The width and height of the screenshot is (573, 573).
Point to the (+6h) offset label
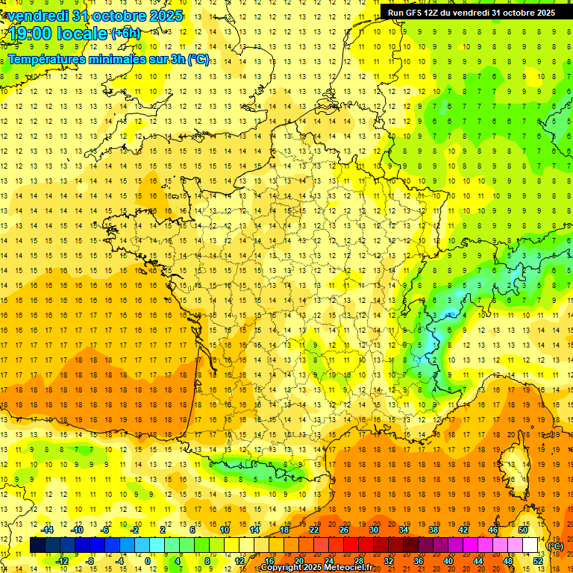pyautogui.click(x=125, y=34)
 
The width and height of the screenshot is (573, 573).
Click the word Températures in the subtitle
pyautogui.click(x=46, y=59)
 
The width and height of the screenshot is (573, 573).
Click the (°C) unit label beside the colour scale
pyautogui.click(x=556, y=546)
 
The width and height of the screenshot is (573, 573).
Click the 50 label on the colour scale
pyautogui.click(x=522, y=530)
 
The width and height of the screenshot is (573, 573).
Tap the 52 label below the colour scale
pyautogui.click(x=537, y=561)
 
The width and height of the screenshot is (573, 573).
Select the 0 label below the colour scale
pyautogui.click(x=148, y=561)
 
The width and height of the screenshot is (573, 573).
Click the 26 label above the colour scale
pyautogui.click(x=344, y=530)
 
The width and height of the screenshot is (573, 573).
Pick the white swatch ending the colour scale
pyautogui.click(x=530, y=545)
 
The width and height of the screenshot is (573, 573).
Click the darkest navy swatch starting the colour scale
pyautogui.click(x=37, y=545)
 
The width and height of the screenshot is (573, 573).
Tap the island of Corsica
pyautogui.click(x=513, y=460)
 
